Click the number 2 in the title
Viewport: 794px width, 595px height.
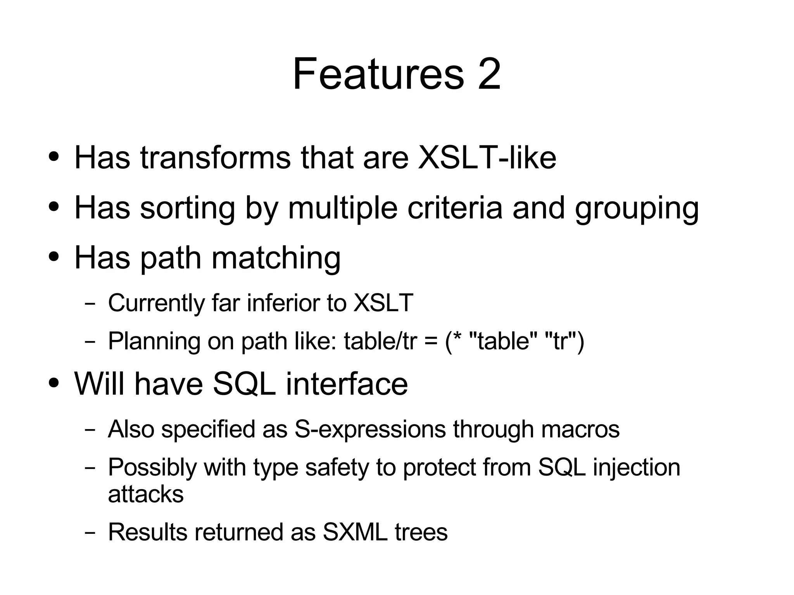[x=489, y=74]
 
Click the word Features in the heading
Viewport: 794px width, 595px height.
[x=378, y=74]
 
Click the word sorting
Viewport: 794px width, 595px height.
[x=187, y=208]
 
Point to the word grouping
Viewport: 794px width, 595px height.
[x=637, y=208]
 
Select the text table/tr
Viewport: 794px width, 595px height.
[x=380, y=341]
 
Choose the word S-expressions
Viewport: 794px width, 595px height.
[x=370, y=429]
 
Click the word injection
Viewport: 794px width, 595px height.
[x=636, y=467]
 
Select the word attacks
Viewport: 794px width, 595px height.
[x=146, y=494]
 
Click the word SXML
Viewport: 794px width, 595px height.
[x=355, y=532]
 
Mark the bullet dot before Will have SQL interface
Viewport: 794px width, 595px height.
[x=54, y=383]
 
